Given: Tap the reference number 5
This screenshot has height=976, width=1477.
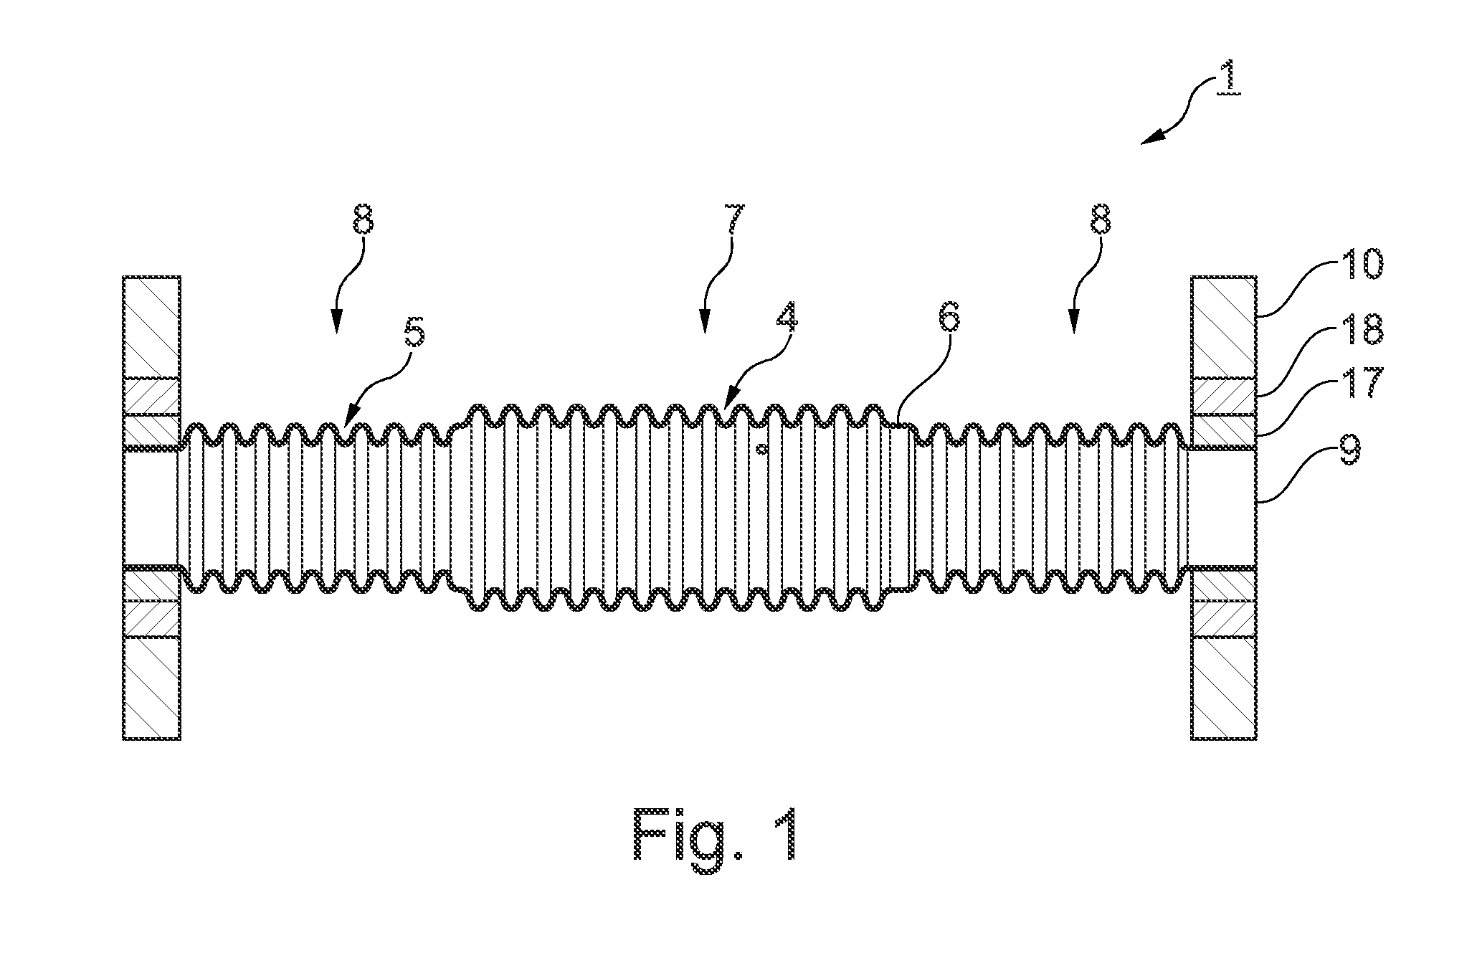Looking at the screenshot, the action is tap(415, 331).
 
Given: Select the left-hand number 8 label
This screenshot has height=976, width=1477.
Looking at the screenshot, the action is tap(363, 219).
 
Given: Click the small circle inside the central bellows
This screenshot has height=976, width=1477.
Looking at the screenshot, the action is tap(763, 450).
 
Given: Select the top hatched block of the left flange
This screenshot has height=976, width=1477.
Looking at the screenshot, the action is tap(151, 327).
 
